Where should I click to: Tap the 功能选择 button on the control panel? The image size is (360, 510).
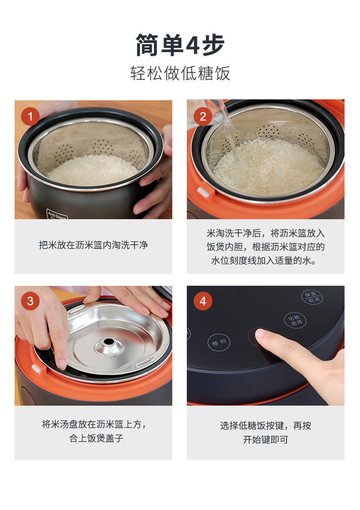tap(295, 321)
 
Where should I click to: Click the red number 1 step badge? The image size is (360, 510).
tap(30, 116)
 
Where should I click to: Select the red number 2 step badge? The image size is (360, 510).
tap(203, 116)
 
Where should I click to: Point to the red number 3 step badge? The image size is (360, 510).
tap(30, 301)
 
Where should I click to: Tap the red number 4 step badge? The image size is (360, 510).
tap(203, 301)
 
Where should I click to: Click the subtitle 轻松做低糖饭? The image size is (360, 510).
tap(180, 73)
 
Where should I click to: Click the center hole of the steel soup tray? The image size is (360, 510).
tap(108, 342)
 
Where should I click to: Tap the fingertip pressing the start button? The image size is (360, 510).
tap(261, 333)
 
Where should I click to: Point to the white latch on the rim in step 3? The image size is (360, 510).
tap(38, 369)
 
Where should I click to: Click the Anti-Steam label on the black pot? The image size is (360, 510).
tap(57, 215)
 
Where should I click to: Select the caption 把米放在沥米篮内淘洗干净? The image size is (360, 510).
tap(93, 245)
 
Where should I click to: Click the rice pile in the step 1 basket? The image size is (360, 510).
tap(93, 170)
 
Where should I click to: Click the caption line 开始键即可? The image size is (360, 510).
tap(266, 439)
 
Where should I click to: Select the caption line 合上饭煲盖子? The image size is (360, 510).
tap(96, 438)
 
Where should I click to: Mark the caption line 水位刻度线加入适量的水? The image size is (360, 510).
tap(263, 260)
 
